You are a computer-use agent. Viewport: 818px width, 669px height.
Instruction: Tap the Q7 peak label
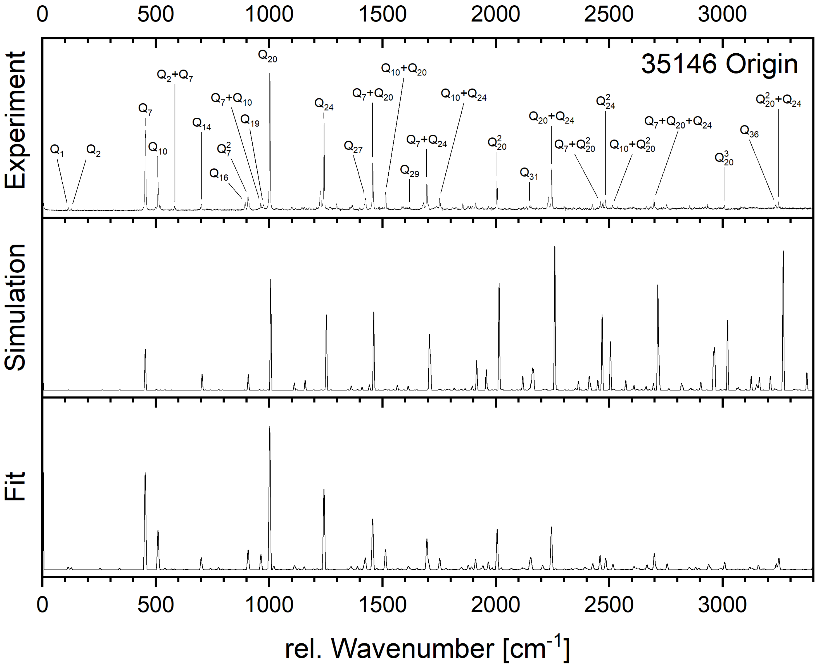coord(145,109)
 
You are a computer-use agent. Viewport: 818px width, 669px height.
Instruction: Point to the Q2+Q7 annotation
coord(175,75)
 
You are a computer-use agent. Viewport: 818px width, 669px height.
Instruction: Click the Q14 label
coord(202,124)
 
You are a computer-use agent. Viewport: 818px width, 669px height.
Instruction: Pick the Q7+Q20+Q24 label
coord(678,122)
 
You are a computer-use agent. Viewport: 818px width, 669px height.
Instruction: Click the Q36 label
coord(749,132)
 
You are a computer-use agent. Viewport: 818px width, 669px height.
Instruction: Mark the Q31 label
coord(529,174)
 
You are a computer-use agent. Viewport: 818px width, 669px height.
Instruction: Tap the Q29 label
coord(409,171)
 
